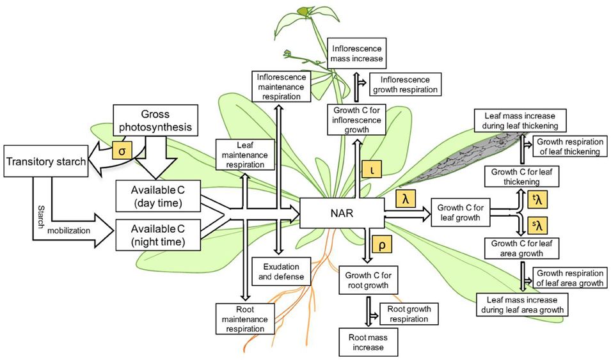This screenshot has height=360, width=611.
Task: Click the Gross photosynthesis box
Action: point(154,120)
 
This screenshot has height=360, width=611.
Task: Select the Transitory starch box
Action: point(46,162)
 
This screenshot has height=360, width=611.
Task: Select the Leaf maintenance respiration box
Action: point(246,155)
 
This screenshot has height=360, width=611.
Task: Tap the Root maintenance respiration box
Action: point(244,318)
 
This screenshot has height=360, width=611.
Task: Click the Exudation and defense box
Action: point(282,272)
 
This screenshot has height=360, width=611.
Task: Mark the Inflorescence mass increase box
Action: point(357,54)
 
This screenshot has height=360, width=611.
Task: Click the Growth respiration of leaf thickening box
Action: point(567,146)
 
